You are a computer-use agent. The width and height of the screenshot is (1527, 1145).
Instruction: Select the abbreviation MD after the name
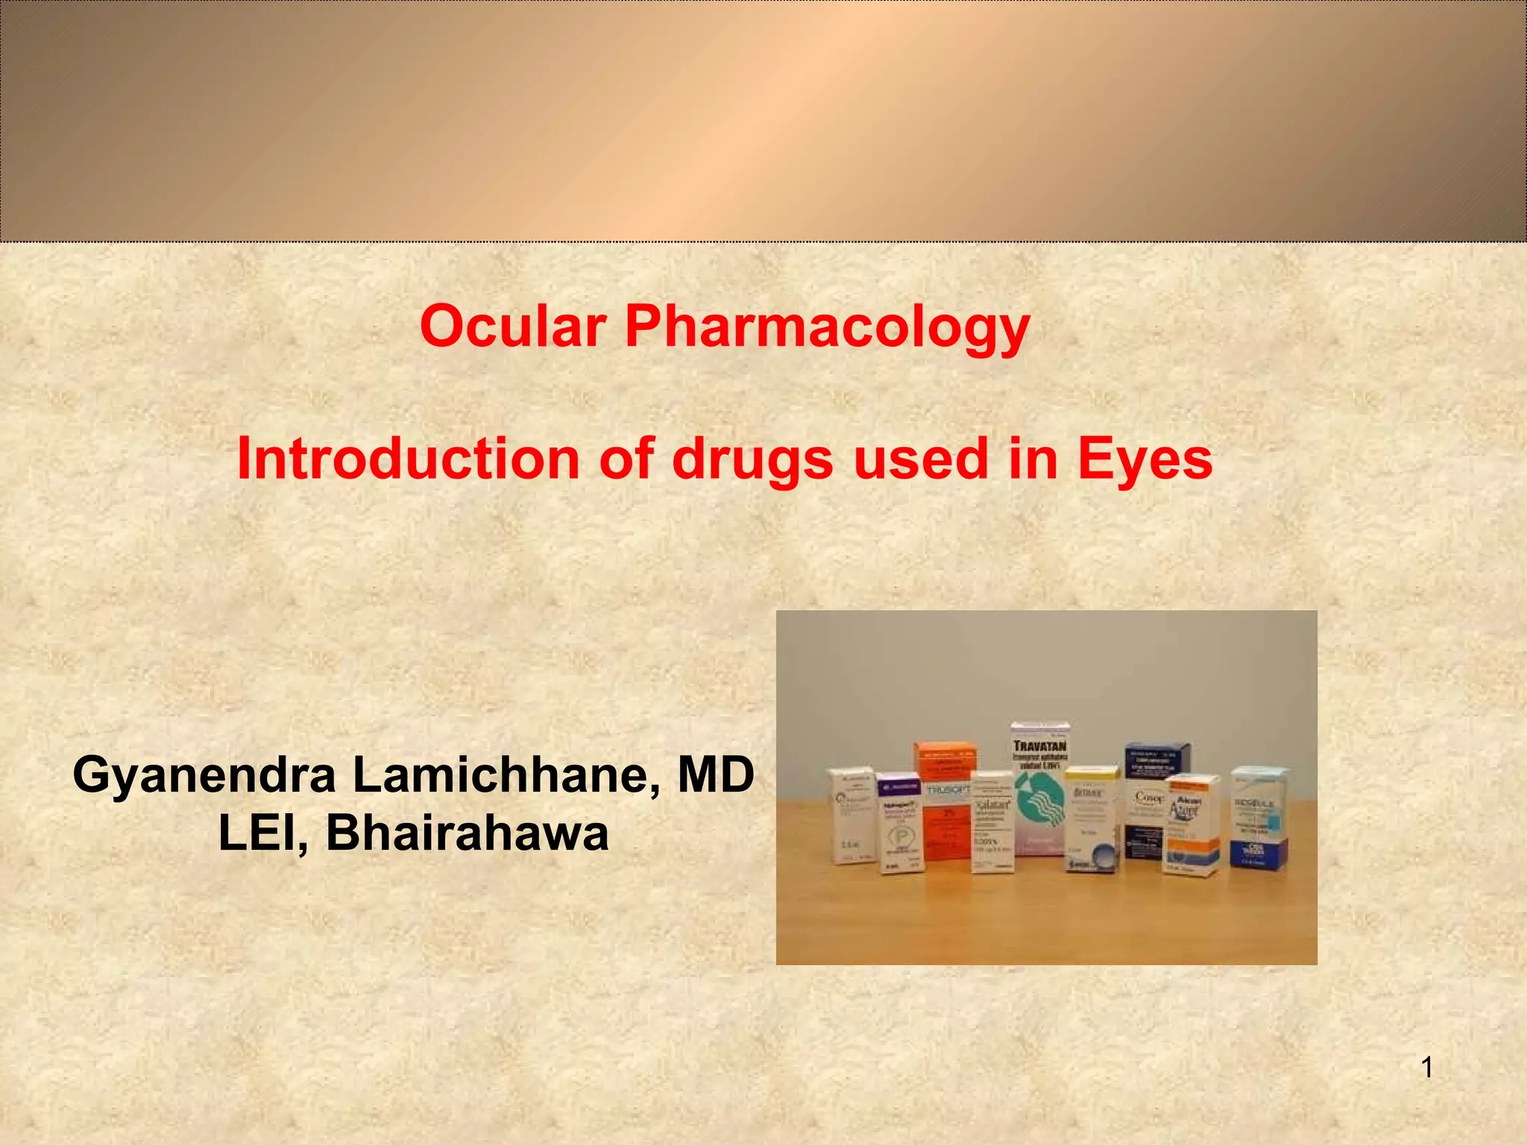[x=715, y=775]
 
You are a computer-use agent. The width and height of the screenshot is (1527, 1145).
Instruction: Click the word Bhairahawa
[x=467, y=833]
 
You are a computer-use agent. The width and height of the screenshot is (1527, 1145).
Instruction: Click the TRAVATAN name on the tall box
[x=1040, y=745]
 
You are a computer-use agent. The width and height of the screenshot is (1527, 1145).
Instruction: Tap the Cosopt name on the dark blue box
[x=1148, y=798]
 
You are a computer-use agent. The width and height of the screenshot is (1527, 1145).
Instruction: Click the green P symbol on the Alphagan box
[x=901, y=837]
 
